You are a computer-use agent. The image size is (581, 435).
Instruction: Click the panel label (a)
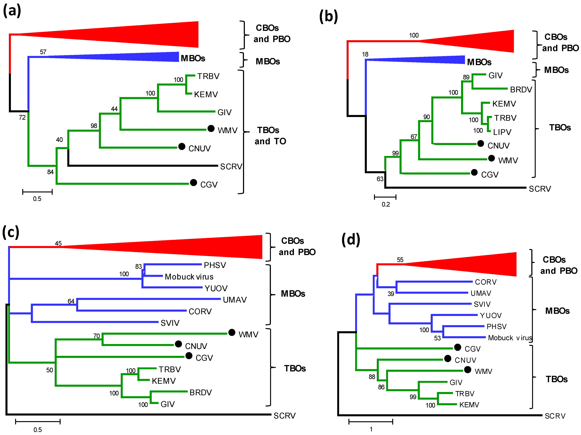[x=12, y=11]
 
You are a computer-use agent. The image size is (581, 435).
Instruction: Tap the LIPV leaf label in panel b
[x=502, y=132]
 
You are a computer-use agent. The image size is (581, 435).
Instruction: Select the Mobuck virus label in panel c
[x=189, y=277]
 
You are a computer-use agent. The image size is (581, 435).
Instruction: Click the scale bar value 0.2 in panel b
[x=386, y=204]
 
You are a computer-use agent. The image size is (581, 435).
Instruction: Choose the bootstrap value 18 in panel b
[x=365, y=54]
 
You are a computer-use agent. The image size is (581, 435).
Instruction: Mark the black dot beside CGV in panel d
[x=457, y=347]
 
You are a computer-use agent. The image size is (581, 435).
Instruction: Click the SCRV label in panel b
[x=540, y=189]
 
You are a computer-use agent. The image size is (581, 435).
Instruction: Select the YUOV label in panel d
[x=490, y=315]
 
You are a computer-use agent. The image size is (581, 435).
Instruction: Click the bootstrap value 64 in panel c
[x=71, y=301]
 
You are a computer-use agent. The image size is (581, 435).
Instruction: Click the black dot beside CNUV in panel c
[x=178, y=344]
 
